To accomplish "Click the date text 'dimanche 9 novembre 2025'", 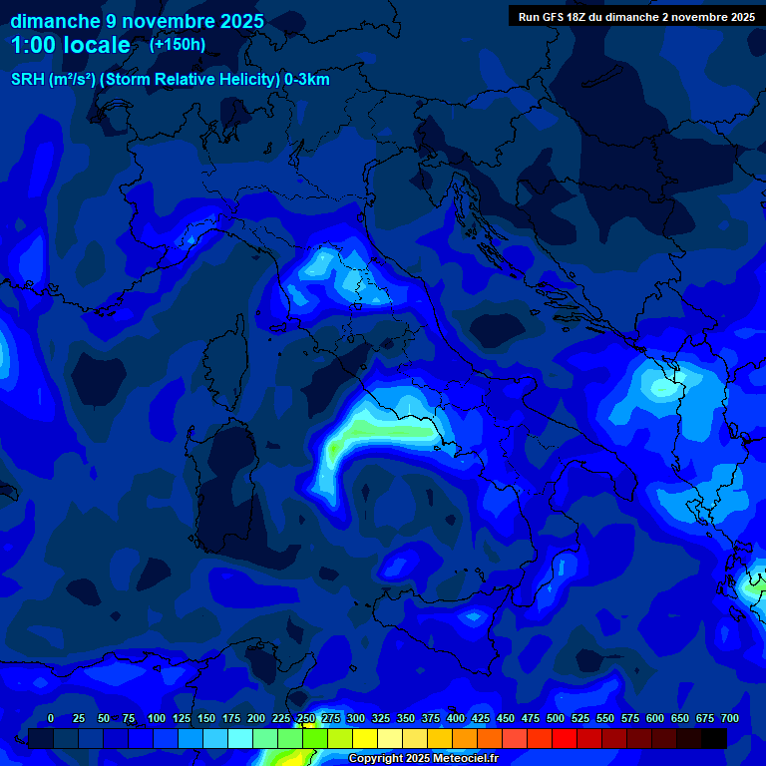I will [x=138, y=21].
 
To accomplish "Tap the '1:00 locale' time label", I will [x=71, y=45].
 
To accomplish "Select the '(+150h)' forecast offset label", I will [x=178, y=45].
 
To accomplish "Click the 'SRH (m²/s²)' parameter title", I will [x=53, y=80].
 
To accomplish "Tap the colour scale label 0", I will [x=51, y=718].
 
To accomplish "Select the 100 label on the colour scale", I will [x=157, y=718].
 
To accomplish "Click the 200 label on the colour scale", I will [x=256, y=718].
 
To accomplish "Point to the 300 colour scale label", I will [x=356, y=718].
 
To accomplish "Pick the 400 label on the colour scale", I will [x=456, y=718].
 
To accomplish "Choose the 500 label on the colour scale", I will [x=556, y=718].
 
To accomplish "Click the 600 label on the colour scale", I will [x=655, y=718].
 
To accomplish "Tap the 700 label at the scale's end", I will [x=730, y=718].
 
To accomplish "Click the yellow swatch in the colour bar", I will [x=365, y=738].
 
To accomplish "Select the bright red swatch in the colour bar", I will [x=565, y=738].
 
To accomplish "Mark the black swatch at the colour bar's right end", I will [x=714, y=738].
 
